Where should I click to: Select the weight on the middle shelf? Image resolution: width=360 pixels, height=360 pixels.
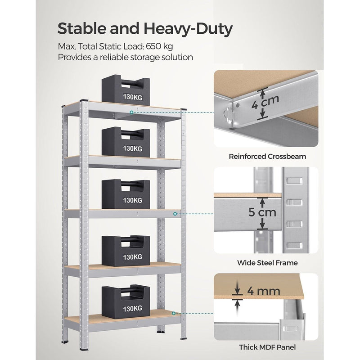pos(125,194)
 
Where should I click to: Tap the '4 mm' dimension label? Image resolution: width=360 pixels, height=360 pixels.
pos(263,291)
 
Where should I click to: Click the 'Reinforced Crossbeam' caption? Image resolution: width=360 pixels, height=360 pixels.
pos(267,157)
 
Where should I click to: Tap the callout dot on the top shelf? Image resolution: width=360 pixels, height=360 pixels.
pos(131,112)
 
